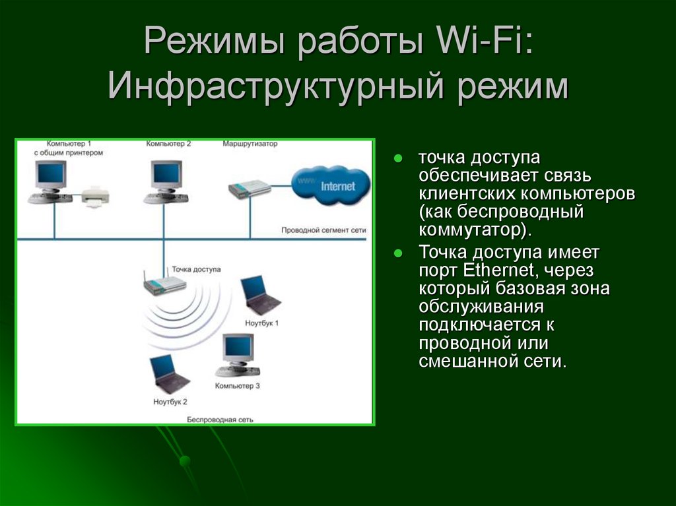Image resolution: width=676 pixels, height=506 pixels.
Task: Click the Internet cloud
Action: pos(331,185)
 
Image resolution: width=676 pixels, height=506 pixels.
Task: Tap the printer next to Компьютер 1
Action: pos(95,197)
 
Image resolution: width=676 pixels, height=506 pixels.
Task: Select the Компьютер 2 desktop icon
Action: pos(166,182)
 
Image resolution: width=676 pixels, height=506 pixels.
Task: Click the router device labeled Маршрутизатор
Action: pos(249,189)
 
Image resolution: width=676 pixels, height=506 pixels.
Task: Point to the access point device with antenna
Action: pos(164,283)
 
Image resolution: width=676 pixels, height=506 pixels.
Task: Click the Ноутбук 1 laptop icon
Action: pos(260,296)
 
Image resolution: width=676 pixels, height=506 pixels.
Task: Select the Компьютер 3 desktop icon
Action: pos(238,356)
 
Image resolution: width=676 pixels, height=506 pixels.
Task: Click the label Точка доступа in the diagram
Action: pos(196,269)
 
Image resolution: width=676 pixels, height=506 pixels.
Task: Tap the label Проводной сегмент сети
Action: pos(323,230)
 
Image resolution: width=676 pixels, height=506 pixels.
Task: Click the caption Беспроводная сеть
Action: pos(220,420)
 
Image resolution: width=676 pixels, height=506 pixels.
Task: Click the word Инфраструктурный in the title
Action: pos(276,86)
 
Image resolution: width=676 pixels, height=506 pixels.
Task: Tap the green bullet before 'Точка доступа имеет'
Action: pos(398,253)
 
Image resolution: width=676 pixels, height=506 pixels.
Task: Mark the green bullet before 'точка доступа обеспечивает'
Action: pos(398,158)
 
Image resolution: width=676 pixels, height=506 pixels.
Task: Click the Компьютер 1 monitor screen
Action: pos(51,173)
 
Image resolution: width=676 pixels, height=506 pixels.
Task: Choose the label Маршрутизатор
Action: pos(250,144)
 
